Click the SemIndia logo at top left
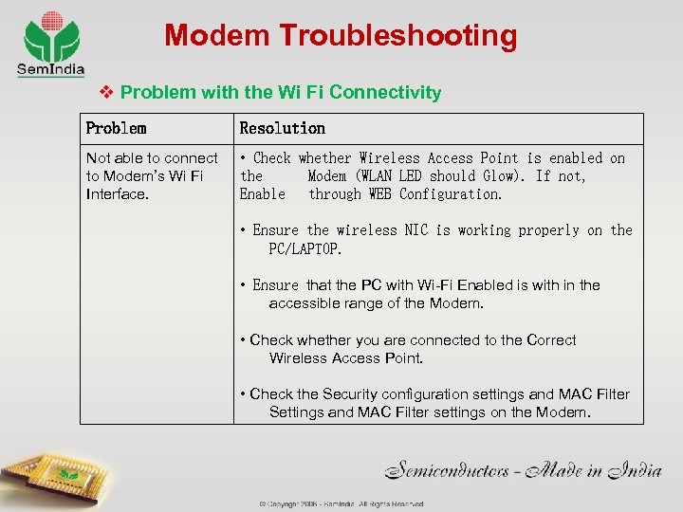pyautogui.click(x=51, y=43)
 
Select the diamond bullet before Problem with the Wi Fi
pyautogui.click(x=107, y=92)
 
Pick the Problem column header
pyautogui.click(x=116, y=128)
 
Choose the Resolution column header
pyautogui.click(x=282, y=128)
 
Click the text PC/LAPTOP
pyautogui.click(x=305, y=248)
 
